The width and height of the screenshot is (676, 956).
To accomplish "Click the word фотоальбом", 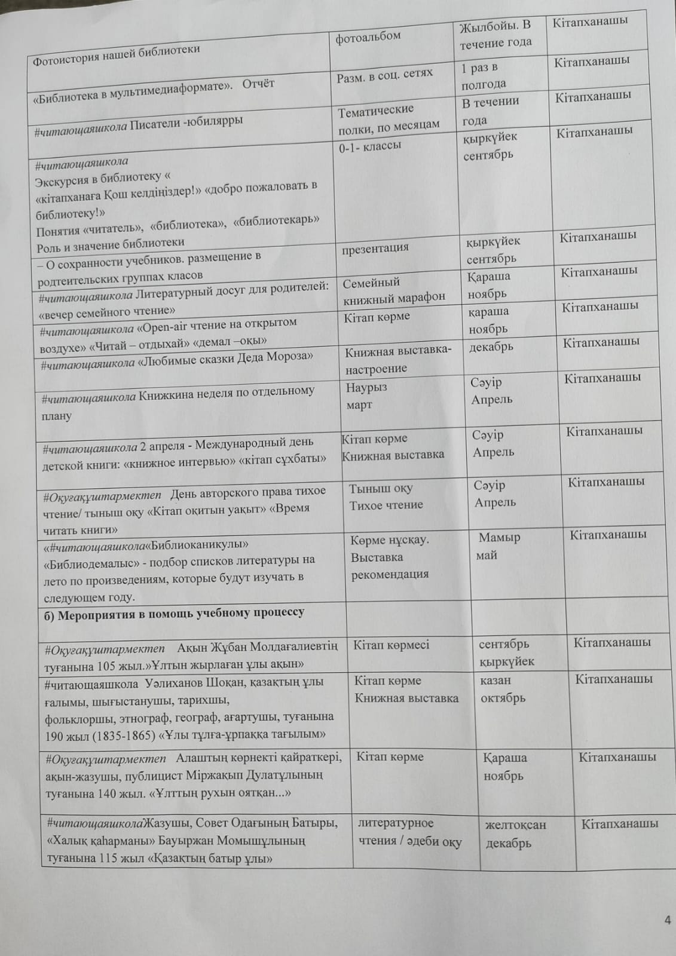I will [x=368, y=37].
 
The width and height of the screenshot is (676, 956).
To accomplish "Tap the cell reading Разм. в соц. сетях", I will [x=384, y=74].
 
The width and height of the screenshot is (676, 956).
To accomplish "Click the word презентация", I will [x=375, y=247].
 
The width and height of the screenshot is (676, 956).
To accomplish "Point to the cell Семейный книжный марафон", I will [x=394, y=290].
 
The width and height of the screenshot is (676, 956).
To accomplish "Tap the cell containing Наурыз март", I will [x=366, y=396].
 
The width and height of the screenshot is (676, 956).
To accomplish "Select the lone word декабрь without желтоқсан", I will [x=491, y=347].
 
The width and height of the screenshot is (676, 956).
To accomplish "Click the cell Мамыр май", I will [x=498, y=546].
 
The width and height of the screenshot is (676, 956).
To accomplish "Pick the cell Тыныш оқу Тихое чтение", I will [x=386, y=497].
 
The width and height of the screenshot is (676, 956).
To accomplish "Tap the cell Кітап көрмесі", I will [x=391, y=645].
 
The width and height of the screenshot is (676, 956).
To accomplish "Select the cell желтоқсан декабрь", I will [x=515, y=834].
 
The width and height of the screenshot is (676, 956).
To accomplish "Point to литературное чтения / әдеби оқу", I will [x=409, y=832].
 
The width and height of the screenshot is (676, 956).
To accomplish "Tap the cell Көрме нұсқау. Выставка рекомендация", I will [x=390, y=557].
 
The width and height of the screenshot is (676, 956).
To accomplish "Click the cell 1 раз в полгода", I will [x=484, y=76].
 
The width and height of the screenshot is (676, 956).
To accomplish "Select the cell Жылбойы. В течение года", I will [x=495, y=34].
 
